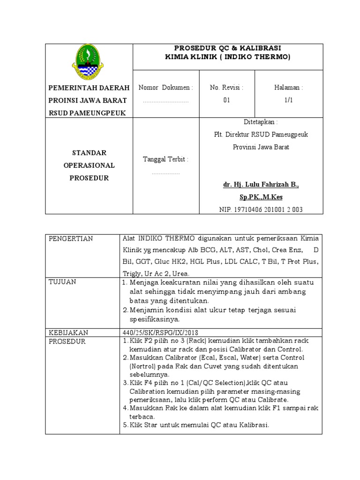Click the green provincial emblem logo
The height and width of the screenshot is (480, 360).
pyautogui.click(x=88, y=62)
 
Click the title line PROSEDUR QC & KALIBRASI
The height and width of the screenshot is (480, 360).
pyautogui.click(x=228, y=48)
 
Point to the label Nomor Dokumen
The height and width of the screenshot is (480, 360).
pyautogui.click(x=166, y=88)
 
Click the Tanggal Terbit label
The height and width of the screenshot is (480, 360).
pyautogui.click(x=165, y=159)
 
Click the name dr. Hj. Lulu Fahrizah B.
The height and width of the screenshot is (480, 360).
pyautogui.click(x=261, y=185)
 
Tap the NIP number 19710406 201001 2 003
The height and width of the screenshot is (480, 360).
pyautogui.click(x=261, y=210)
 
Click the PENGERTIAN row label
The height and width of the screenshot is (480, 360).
pyautogui.click(x=71, y=239)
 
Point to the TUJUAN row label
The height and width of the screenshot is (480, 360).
pyautogui.click(x=63, y=282)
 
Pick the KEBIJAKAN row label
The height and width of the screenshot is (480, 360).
pyautogui.click(x=68, y=332)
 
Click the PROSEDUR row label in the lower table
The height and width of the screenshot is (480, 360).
pyautogui.click(x=67, y=342)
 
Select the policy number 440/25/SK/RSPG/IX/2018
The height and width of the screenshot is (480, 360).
pyautogui.click(x=162, y=332)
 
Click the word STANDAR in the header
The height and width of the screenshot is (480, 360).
pyautogui.click(x=89, y=153)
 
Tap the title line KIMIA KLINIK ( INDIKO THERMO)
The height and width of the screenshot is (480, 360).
pyautogui.click(x=228, y=57)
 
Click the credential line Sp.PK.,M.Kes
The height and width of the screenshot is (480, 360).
pyautogui.click(x=261, y=197)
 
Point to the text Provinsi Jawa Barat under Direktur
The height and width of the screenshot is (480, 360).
pyautogui.click(x=261, y=147)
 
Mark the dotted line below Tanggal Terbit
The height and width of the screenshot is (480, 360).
pyautogui.click(x=165, y=173)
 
